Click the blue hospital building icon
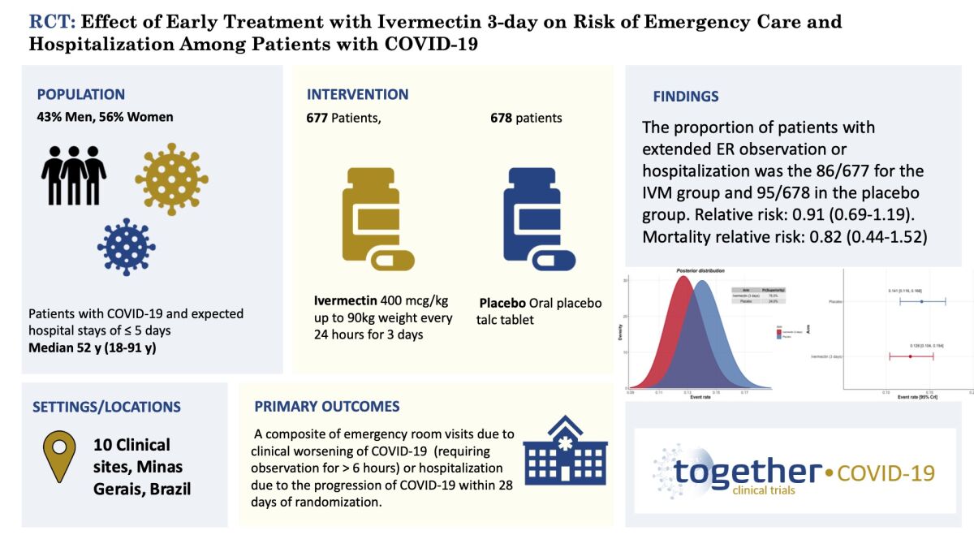(x=565, y=451)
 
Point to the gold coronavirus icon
(x=171, y=179)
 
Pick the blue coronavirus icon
(x=127, y=247)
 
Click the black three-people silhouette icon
(x=74, y=175)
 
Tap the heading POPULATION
(x=81, y=94)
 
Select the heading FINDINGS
(x=686, y=97)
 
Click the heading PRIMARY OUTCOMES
(x=327, y=406)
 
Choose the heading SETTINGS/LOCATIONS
(x=106, y=407)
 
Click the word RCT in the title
(x=48, y=22)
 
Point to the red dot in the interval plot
(x=911, y=356)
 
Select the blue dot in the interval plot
(x=922, y=302)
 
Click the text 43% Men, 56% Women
(x=105, y=117)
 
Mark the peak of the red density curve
(x=683, y=278)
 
